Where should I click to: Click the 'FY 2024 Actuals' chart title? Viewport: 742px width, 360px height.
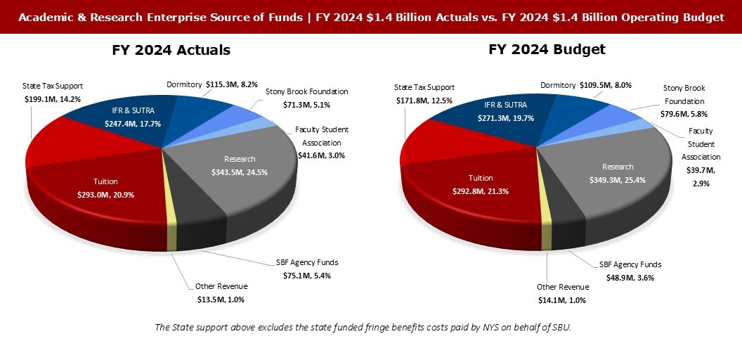click(x=171, y=51)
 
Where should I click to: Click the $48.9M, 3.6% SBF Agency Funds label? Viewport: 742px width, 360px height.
click(x=630, y=271)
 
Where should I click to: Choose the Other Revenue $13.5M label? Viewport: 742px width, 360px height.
click(x=221, y=293)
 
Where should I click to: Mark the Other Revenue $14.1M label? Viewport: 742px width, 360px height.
click(x=562, y=293)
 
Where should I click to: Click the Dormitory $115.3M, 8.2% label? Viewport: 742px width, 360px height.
click(x=207, y=84)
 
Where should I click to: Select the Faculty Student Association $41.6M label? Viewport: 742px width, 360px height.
click(x=321, y=138)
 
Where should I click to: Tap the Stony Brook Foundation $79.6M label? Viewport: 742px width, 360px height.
click(x=684, y=101)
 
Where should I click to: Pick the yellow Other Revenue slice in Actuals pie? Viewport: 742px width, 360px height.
click(x=170, y=225)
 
